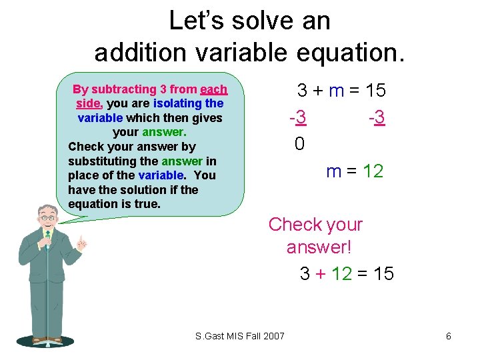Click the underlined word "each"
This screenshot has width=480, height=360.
(x=213, y=89)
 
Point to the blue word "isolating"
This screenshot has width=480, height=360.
(x=177, y=103)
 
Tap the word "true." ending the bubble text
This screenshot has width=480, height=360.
(x=147, y=203)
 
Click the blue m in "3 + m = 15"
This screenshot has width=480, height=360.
(x=336, y=91)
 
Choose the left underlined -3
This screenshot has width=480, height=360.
(x=297, y=118)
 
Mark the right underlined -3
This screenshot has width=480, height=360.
(x=377, y=118)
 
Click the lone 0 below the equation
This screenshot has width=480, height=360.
(x=299, y=143)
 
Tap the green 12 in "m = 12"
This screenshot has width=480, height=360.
(x=373, y=171)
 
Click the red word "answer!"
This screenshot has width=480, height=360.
(x=319, y=247)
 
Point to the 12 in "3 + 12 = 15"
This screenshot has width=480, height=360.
(x=341, y=273)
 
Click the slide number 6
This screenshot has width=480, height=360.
(x=449, y=336)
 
